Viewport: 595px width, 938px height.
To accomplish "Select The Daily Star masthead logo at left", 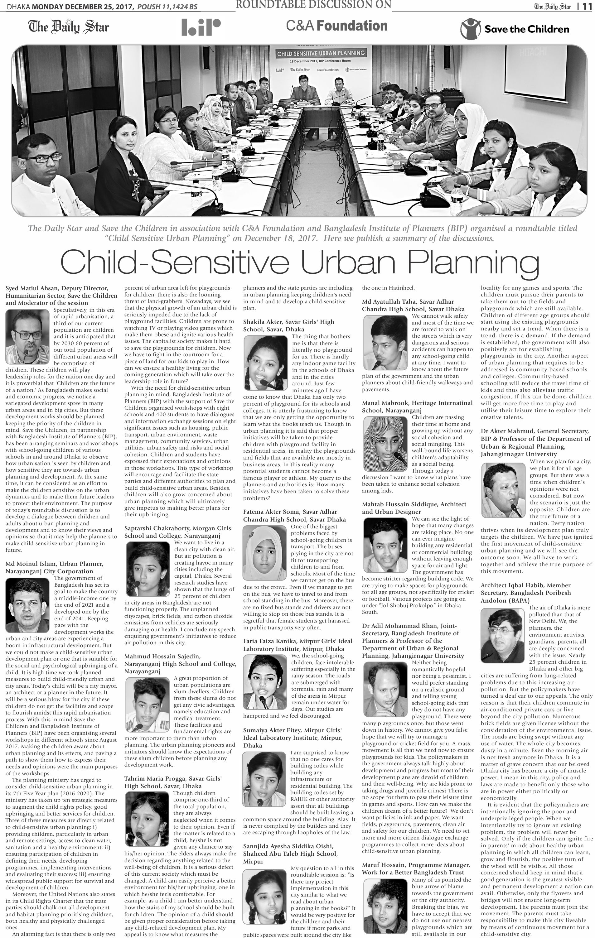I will click(69, 27).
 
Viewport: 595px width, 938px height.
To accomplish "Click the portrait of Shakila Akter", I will click(266, 363).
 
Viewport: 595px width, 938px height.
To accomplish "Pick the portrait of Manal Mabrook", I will click(385, 443).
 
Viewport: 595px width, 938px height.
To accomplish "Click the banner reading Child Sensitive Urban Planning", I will click(320, 53).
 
